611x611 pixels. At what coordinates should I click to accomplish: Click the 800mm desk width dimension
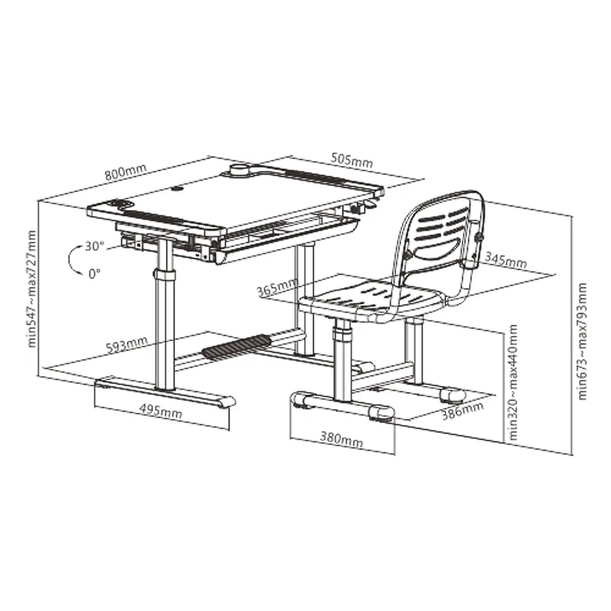(125, 172)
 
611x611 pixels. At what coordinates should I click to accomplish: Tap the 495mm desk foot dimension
(161, 410)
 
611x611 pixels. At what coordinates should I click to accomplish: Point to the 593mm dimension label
(127, 344)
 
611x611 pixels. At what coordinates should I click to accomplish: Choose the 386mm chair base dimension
(462, 411)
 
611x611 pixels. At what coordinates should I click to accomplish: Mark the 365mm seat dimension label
(277, 287)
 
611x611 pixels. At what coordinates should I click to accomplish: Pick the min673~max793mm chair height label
(582, 341)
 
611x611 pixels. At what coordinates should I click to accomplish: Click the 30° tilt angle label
(95, 246)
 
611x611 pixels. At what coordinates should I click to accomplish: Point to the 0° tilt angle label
(94, 274)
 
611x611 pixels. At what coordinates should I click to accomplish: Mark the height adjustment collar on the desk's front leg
(165, 274)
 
